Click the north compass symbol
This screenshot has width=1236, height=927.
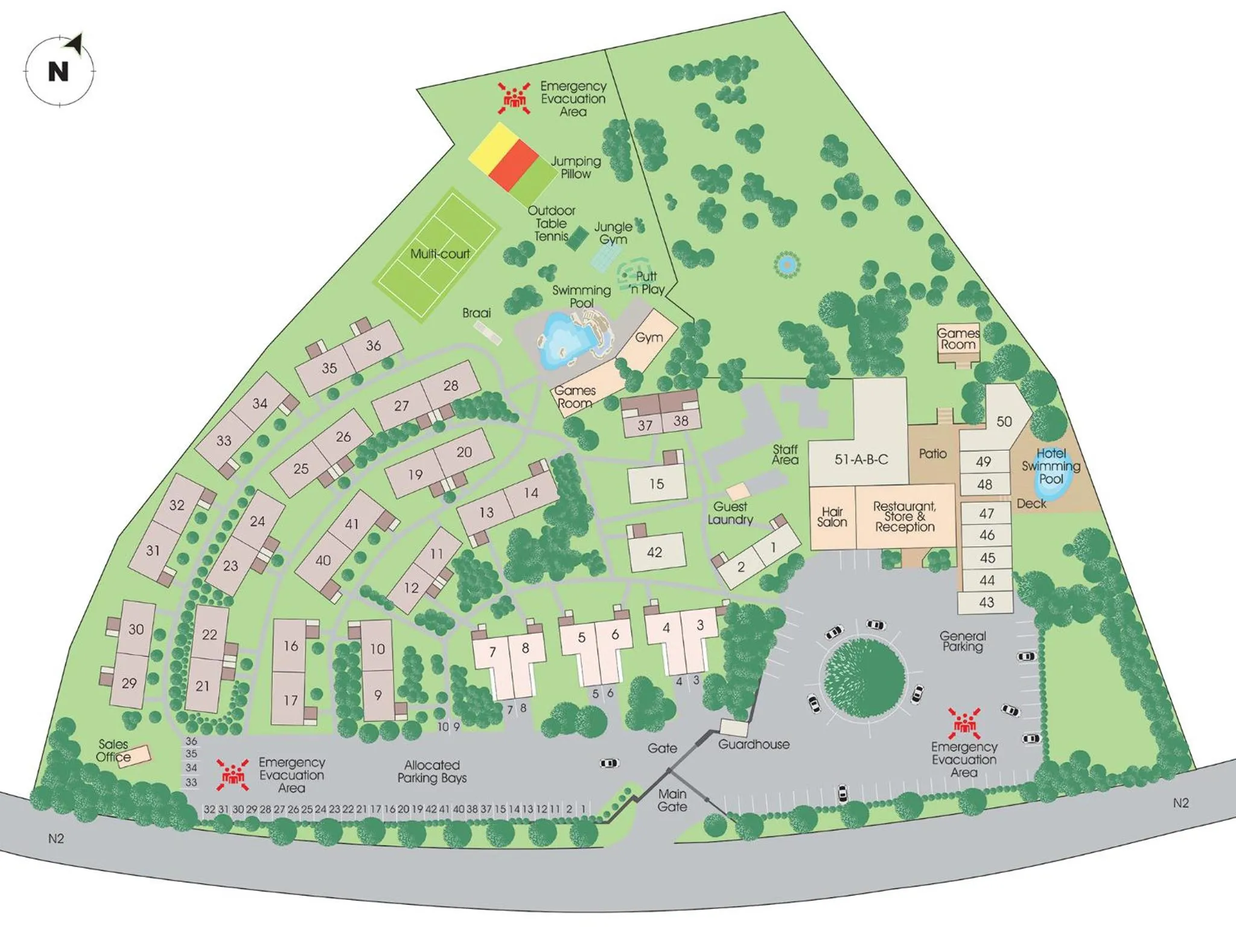pos(59,71)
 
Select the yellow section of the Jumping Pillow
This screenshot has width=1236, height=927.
pos(490,145)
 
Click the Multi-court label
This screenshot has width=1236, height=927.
pos(439,254)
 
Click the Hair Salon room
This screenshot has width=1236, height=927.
pos(832,518)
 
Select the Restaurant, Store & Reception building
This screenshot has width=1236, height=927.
pos(905,517)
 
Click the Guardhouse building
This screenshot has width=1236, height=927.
pos(734,728)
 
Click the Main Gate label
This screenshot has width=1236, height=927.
pos(672,800)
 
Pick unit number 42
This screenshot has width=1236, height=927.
pos(657,551)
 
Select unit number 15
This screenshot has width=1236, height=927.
pos(657,484)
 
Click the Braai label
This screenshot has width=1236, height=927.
pos(476,313)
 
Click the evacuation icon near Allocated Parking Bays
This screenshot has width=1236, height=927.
pos(233,775)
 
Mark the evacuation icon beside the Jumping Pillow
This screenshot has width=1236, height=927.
pos(514,98)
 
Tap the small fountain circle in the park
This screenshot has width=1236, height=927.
pos(786,264)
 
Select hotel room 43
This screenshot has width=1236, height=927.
pos(986,602)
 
